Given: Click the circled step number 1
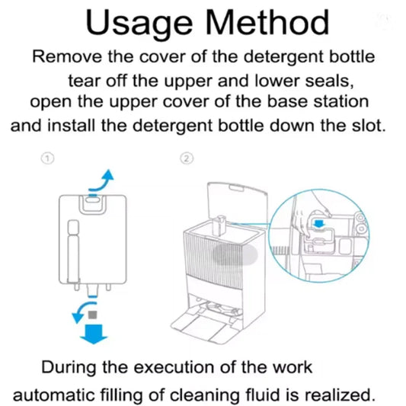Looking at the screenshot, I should (x=47, y=159).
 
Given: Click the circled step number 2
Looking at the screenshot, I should (x=187, y=159).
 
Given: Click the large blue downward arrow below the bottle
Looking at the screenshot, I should (x=95, y=333).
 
